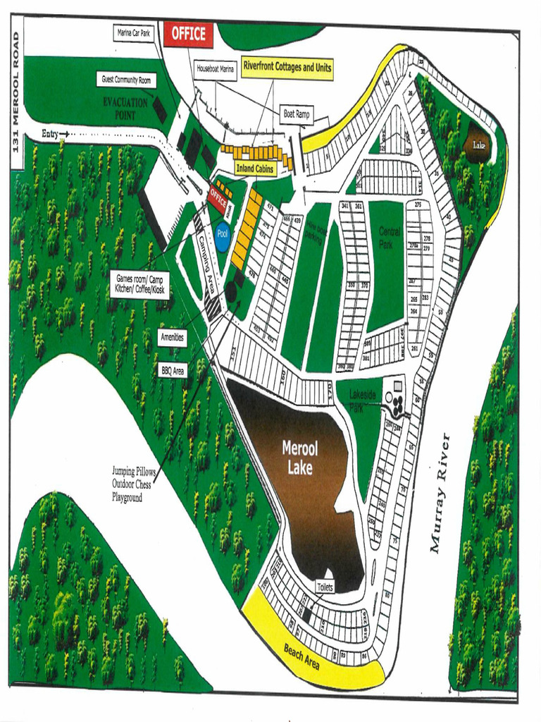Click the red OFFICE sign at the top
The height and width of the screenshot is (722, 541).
[x=188, y=34]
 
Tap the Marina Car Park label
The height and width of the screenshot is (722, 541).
[x=134, y=33]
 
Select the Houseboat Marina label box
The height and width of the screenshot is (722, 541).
[x=216, y=69]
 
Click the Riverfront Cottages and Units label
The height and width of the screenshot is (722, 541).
[x=287, y=67]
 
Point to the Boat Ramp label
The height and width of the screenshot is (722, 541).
[x=297, y=114]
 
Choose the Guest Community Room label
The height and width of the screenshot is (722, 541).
[x=127, y=80]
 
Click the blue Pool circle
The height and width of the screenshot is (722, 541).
[x=223, y=236]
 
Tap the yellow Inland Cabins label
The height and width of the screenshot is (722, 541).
[x=254, y=169]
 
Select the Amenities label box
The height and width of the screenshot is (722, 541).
[x=172, y=337]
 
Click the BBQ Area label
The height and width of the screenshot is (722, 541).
[x=172, y=370]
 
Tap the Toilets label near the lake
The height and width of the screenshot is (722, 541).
[x=325, y=587]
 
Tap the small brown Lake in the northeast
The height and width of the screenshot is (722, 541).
[x=479, y=145]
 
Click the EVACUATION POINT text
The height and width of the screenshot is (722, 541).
[x=125, y=109]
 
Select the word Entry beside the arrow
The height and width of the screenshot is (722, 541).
[x=50, y=134]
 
